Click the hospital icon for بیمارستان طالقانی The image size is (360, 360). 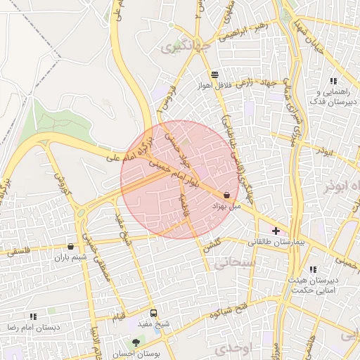(276, 231)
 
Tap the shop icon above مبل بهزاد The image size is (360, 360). (226, 195)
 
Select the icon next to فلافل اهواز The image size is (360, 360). (214, 74)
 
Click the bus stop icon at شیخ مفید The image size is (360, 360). (153, 313)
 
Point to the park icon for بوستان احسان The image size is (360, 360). (136, 342)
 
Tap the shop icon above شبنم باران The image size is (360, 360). (70, 246)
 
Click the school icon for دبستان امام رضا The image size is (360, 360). (33, 316)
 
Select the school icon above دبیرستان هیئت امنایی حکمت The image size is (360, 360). (313, 269)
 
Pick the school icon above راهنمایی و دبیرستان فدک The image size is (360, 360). (333, 82)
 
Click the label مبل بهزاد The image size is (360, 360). (226, 207)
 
